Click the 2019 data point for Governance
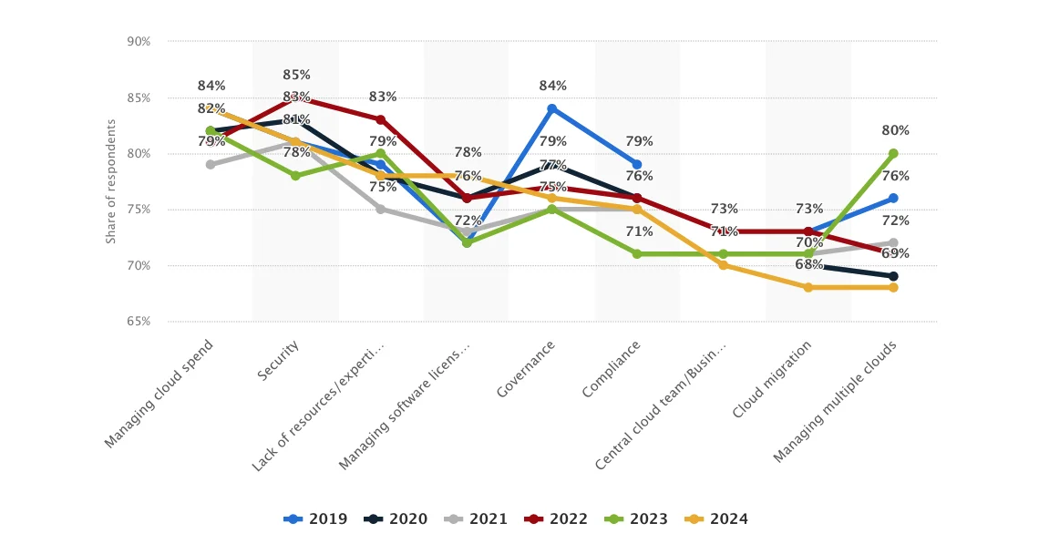[x=551, y=108]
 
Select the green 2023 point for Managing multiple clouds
[x=893, y=153]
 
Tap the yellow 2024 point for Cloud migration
[x=808, y=287]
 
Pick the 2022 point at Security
[x=295, y=97]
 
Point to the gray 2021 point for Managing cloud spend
[x=211, y=165]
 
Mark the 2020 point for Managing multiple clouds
[x=893, y=276]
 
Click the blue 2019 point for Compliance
[x=637, y=165]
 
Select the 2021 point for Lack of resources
[x=381, y=210]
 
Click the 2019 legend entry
[x=315, y=519]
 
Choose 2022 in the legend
[x=556, y=519]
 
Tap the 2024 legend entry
[x=716, y=519]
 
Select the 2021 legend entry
[x=476, y=519]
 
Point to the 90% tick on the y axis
[x=139, y=42]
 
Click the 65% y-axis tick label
[x=139, y=322]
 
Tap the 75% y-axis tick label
[x=139, y=210]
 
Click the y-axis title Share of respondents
[x=111, y=181]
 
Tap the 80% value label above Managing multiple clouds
[x=895, y=130]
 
